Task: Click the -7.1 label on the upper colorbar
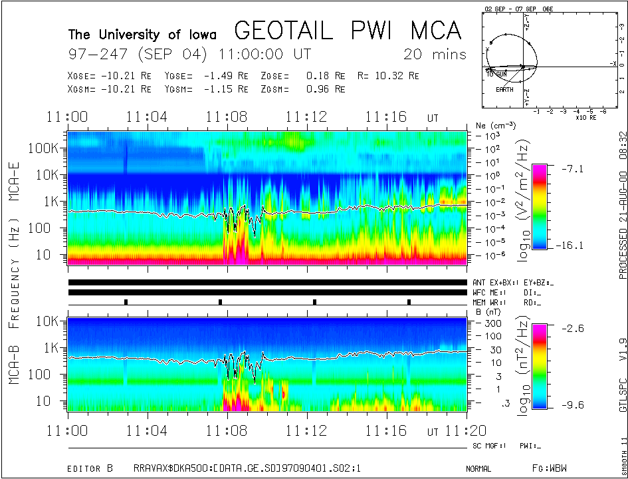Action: click(x=573, y=169)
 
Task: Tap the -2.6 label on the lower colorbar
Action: click(x=573, y=328)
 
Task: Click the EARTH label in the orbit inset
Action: click(x=504, y=89)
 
